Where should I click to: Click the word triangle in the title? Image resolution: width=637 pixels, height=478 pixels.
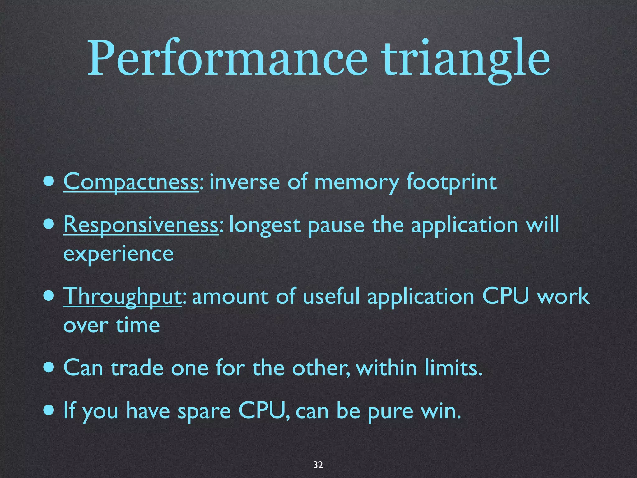(x=467, y=59)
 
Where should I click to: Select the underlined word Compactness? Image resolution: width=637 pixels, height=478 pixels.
(x=131, y=182)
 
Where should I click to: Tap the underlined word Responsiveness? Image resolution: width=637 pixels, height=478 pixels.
(x=141, y=225)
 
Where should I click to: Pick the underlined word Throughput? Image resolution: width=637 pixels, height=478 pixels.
(x=122, y=296)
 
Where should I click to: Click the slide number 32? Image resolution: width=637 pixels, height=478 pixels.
(x=318, y=465)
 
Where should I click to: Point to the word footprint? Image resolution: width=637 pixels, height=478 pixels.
(x=451, y=182)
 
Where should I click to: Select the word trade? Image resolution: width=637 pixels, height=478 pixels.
(x=137, y=368)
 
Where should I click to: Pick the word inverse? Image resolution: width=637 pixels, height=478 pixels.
(x=244, y=182)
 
